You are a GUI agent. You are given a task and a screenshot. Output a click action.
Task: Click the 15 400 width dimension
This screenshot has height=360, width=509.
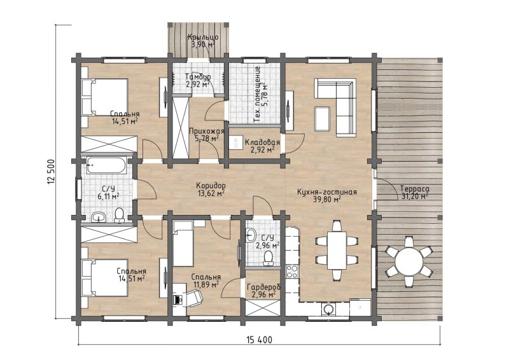(260, 340)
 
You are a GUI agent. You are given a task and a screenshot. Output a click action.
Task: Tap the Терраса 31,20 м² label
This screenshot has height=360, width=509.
(415, 193)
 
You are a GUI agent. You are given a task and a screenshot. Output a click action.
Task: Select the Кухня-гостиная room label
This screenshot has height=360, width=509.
(327, 192)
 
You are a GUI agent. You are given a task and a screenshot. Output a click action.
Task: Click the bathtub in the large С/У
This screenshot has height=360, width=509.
(106, 165)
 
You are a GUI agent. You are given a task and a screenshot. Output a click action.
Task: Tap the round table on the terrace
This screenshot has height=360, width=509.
(409, 261)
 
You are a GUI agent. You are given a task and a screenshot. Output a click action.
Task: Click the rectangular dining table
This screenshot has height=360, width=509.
(337, 249)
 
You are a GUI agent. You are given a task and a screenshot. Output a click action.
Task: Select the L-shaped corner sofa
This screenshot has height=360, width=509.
(335, 107)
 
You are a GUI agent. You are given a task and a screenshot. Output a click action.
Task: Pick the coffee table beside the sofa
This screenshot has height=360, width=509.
(323, 119)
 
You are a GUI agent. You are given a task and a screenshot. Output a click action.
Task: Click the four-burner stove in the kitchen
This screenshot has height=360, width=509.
(291, 272)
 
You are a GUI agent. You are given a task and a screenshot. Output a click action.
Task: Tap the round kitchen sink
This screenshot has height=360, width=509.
(329, 309)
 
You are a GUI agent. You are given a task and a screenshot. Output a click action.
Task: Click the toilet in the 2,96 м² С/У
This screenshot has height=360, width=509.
(268, 258)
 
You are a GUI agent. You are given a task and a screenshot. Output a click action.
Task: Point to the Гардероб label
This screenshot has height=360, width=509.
(263, 287)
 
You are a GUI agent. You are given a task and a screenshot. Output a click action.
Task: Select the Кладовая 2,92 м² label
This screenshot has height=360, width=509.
(262, 146)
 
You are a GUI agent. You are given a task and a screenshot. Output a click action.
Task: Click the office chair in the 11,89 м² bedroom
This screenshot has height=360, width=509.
(195, 298)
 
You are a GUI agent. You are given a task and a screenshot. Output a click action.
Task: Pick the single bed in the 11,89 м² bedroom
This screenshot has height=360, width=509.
(183, 244)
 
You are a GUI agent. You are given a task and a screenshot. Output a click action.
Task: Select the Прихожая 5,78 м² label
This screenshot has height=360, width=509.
(206, 135)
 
